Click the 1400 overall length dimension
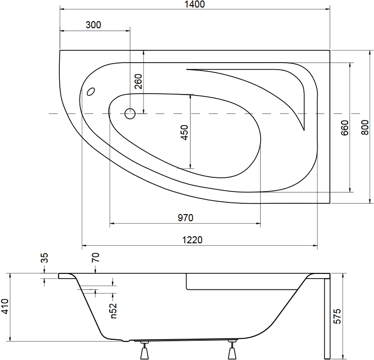coord(195,4)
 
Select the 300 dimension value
coord(93,25)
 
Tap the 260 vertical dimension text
coord(138,81)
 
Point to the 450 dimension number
coord(184,132)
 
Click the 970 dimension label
coord(185,217)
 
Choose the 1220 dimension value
coord(192,240)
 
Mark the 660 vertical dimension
coord(345,128)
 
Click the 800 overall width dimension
coord(365,128)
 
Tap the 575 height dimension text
coord(337,316)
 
